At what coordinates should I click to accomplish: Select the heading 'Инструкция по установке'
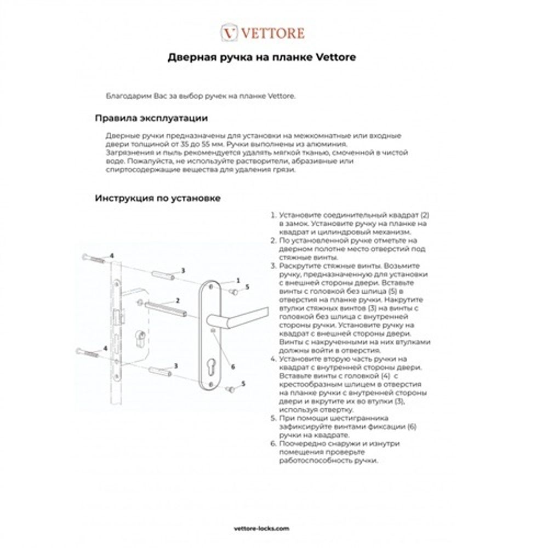(158, 198)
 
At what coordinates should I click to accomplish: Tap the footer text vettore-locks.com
(272, 529)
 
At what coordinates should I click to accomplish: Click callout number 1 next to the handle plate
(238, 280)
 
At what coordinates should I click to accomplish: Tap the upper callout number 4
(112, 256)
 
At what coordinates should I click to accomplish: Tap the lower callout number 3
(175, 366)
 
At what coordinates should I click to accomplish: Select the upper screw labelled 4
(94, 259)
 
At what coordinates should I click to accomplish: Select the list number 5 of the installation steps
(273, 418)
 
